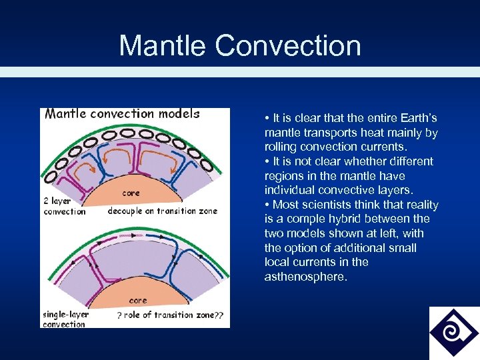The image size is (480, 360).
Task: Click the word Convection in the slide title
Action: click(x=288, y=45)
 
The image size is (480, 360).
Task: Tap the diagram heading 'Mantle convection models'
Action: click(x=122, y=113)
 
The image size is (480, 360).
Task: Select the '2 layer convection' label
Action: click(x=64, y=206)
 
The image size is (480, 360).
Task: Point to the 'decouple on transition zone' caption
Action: click(x=162, y=211)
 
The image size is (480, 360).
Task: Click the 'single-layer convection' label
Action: click(x=64, y=319)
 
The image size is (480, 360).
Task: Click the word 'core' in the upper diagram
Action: click(x=131, y=193)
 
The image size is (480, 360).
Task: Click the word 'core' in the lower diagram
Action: click(x=137, y=301)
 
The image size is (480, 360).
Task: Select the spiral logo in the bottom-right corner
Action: click(x=454, y=333)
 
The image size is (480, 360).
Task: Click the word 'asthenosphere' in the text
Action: click(x=305, y=277)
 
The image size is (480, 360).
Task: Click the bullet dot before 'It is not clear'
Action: click(x=267, y=161)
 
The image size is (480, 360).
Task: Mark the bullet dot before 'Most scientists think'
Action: click(x=267, y=205)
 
